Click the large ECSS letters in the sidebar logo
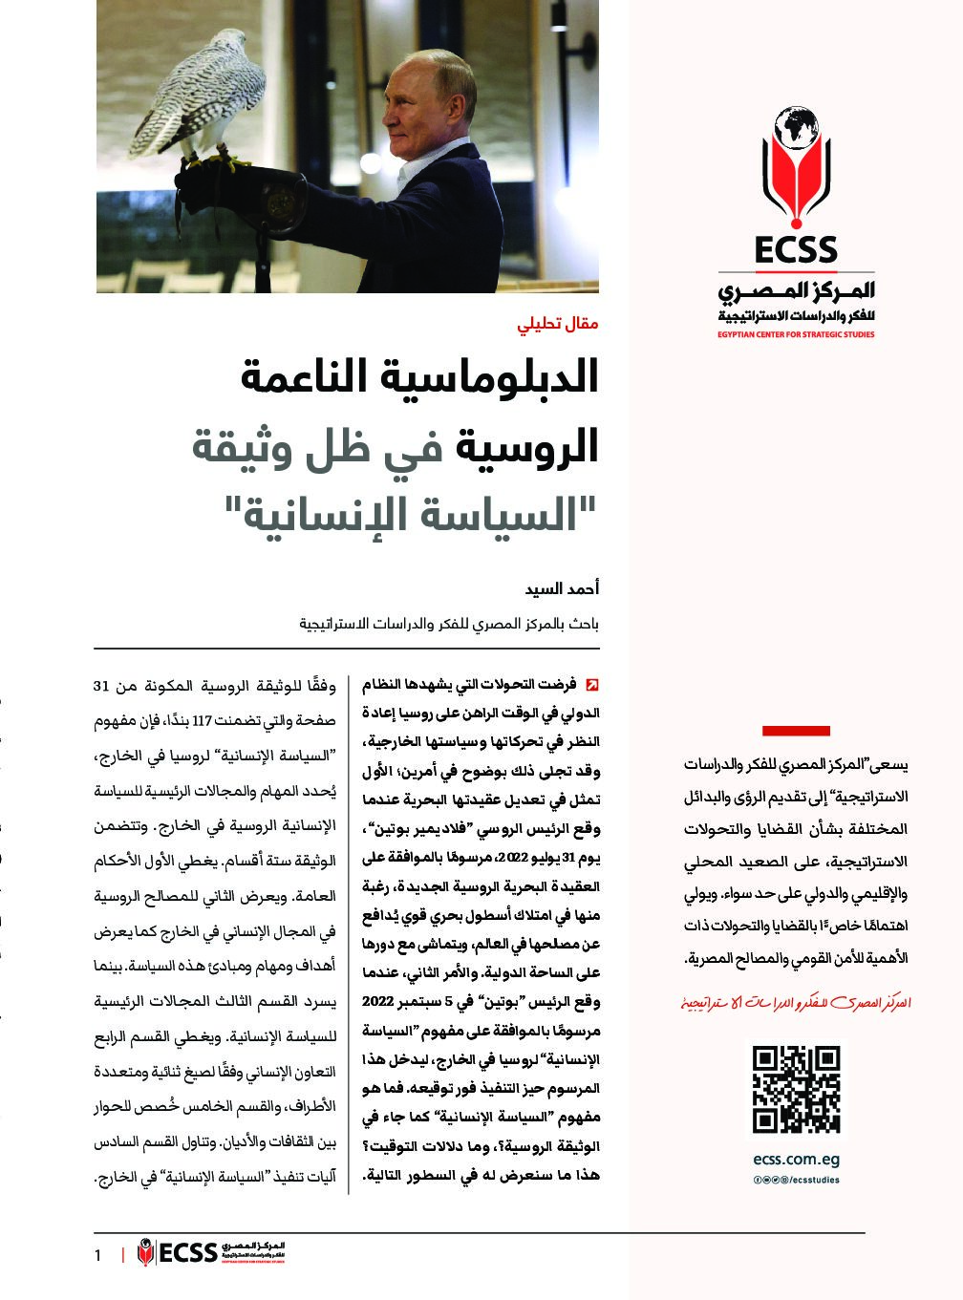coord(796,250)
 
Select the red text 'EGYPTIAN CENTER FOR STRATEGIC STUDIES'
coord(796,335)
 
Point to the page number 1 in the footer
coord(97,1254)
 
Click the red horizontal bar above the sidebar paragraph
coord(796,731)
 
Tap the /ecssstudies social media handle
coord(812,1180)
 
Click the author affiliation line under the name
coord(449,625)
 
